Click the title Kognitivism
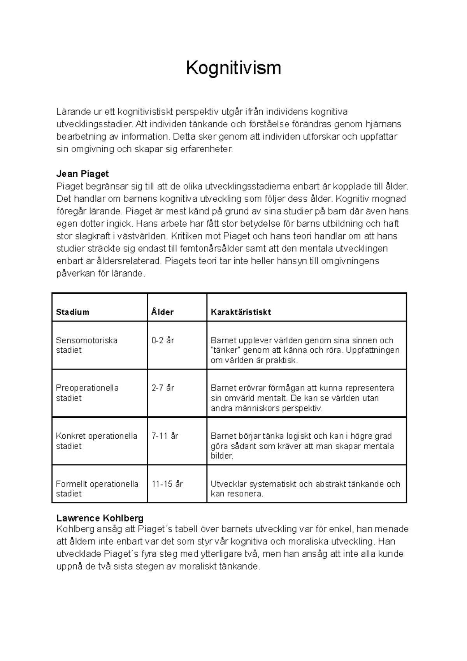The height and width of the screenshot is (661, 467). [233, 68]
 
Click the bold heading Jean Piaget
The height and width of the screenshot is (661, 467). [83, 174]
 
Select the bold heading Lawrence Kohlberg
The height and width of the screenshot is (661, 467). [100, 518]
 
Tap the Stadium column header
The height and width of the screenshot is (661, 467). [72, 312]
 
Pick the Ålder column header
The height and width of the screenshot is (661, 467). [162, 312]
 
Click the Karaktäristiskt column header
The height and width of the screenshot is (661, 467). [241, 312]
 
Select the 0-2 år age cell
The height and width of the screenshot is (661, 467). [163, 340]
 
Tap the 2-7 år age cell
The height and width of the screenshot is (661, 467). [163, 388]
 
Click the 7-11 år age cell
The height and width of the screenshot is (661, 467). [165, 436]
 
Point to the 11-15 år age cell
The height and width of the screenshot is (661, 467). [167, 484]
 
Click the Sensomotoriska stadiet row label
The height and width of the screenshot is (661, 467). [86, 345]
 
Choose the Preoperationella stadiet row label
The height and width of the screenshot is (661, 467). [87, 393]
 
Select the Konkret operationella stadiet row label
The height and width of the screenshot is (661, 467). [97, 441]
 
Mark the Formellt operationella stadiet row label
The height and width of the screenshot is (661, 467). [97, 489]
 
